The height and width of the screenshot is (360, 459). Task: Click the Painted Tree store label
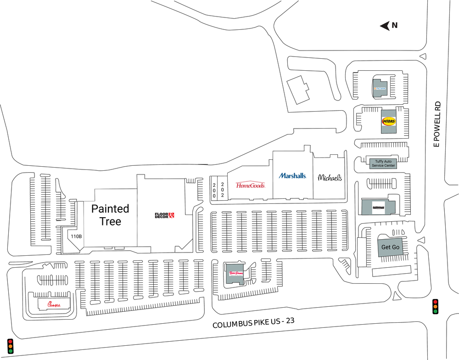pos(110,215)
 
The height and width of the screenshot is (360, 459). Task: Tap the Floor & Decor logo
pos(164,215)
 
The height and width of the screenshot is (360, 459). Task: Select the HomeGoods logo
pos(250,185)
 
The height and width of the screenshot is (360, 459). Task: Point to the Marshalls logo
pos(292,176)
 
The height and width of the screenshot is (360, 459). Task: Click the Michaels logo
pos(330,177)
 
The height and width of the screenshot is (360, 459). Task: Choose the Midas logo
pos(388,121)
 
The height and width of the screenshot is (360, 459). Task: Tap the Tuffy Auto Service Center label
pos(383,163)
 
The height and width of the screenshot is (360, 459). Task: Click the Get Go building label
pos(390,247)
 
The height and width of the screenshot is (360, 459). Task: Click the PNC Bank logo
pos(380,88)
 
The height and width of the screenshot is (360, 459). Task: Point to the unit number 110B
pos(76,236)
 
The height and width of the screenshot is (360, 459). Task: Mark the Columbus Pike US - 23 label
pos(253,323)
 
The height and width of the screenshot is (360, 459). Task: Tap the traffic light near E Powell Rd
pos(435,306)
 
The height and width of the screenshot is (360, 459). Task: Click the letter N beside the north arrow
pos(394,26)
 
